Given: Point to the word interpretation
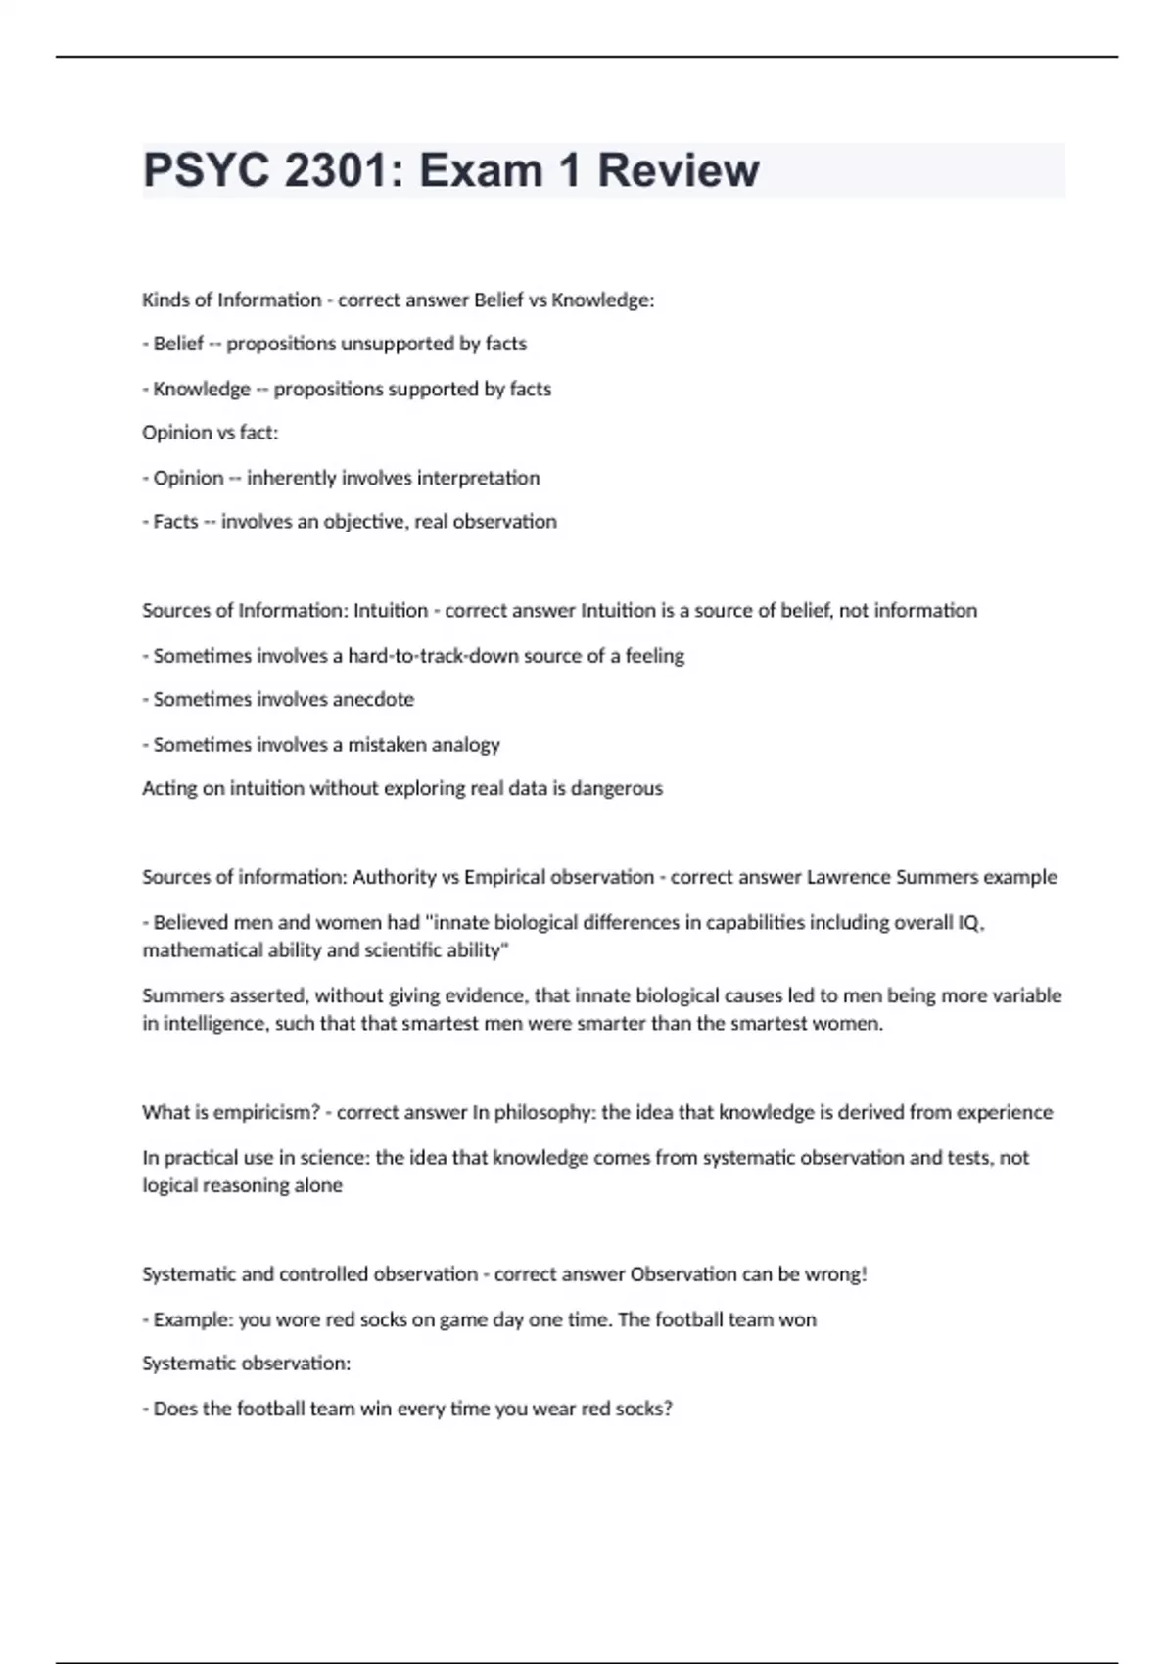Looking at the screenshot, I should click(478, 478).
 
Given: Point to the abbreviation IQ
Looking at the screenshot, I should click(969, 923).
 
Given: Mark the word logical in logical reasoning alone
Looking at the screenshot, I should click(170, 1185).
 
